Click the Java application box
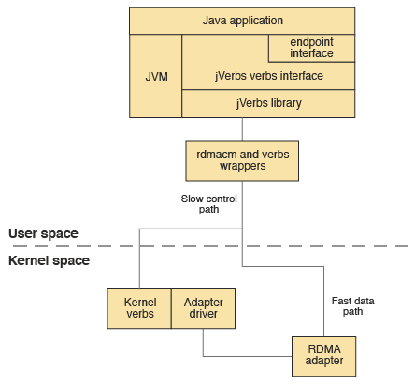[x=242, y=21]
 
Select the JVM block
[x=156, y=76]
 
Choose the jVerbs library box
[x=268, y=103]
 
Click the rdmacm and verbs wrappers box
[x=242, y=161]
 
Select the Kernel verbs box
[x=139, y=309]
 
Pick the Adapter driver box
[x=203, y=309]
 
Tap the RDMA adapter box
[x=324, y=355]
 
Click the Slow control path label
[x=209, y=205]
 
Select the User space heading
[x=43, y=233]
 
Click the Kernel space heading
[x=49, y=260]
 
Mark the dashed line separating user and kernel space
[x=280, y=246]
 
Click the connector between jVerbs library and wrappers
[x=242, y=129]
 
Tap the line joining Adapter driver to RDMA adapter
[x=243, y=356]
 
